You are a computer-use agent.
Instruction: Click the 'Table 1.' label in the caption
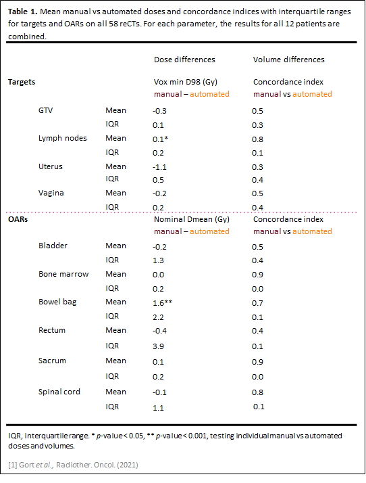pyautogui.click(x=22, y=11)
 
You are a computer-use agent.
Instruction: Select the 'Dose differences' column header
pyautogui.click(x=184, y=60)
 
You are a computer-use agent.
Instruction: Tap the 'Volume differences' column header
pyautogui.click(x=288, y=60)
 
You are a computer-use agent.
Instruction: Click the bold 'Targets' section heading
pyautogui.click(x=22, y=82)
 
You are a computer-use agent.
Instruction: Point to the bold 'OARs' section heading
pyautogui.click(x=18, y=219)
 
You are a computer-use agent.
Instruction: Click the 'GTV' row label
pyautogui.click(x=45, y=110)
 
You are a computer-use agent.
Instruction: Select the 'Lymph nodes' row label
pyautogui.click(x=63, y=138)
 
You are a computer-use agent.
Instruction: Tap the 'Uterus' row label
pyautogui.click(x=51, y=166)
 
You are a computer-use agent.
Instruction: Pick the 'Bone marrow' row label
pyautogui.click(x=63, y=274)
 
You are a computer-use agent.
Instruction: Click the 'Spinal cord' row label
pyautogui.click(x=59, y=392)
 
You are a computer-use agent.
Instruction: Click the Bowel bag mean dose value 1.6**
pyautogui.click(x=162, y=303)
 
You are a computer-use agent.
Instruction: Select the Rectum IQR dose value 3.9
pyautogui.click(x=158, y=346)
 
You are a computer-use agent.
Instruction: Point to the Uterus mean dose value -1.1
pyautogui.click(x=159, y=167)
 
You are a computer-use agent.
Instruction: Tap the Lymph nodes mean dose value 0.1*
pyautogui.click(x=160, y=139)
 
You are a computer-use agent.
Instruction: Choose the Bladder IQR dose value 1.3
pyautogui.click(x=158, y=260)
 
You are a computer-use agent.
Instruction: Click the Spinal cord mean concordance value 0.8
pyautogui.click(x=257, y=392)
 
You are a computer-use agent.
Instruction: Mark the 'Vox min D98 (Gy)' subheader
pyautogui.click(x=186, y=82)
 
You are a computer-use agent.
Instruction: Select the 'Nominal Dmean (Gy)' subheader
pyautogui.click(x=192, y=219)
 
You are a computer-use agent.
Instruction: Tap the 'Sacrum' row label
pyautogui.click(x=52, y=361)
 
